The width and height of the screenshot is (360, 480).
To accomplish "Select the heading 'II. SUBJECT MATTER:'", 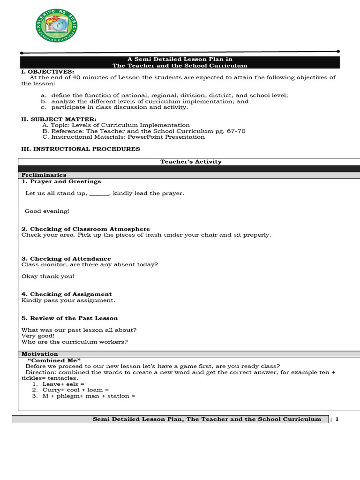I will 59,120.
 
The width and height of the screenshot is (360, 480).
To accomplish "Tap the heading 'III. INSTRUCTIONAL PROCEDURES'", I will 80,149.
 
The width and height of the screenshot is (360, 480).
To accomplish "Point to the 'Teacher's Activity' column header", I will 191,162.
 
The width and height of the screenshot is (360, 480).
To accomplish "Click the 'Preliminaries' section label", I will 44,175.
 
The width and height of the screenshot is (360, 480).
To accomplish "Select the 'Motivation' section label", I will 40,354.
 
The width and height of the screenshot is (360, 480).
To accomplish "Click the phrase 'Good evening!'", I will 47,211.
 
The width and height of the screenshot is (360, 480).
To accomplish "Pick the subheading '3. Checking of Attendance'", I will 66,259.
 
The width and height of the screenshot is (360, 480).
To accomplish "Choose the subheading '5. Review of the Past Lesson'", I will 69,318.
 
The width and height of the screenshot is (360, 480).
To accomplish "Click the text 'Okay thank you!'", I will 48,277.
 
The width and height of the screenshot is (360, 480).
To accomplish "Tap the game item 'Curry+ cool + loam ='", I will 75,390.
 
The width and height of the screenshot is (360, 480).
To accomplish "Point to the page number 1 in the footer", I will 337,419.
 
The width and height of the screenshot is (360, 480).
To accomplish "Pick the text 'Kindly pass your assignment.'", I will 68,300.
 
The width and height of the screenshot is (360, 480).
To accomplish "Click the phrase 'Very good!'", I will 38,336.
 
